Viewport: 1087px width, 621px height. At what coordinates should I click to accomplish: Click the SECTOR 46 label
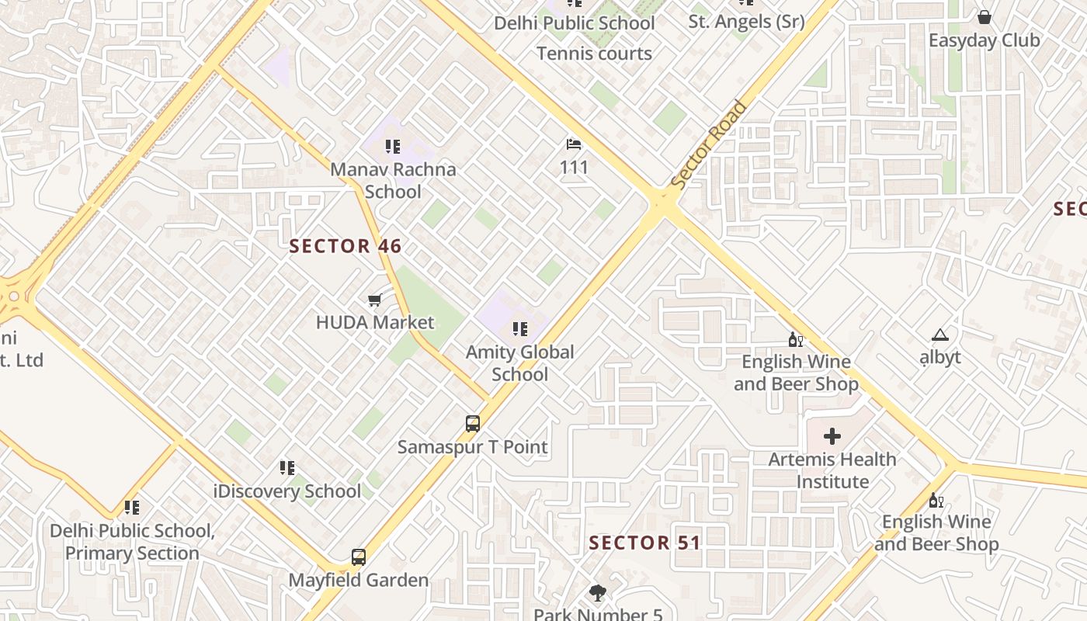346,247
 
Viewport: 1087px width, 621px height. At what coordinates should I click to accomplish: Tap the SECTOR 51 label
644,543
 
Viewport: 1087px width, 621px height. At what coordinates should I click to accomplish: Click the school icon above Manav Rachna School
393,146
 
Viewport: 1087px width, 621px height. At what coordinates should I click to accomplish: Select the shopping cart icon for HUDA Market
374,300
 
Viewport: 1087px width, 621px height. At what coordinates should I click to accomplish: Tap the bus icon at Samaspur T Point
473,424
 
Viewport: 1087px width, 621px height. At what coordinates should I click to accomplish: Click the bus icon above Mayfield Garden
358,557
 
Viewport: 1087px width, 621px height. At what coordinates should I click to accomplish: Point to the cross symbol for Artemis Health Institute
832,436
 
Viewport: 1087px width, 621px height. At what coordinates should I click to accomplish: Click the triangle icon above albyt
940,335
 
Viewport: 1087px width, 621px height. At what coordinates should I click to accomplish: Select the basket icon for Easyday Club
984,17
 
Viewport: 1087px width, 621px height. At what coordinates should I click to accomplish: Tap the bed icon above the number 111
574,144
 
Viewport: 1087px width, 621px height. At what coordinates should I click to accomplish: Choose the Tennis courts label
594,54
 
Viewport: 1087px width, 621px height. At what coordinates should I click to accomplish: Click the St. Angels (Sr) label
746,22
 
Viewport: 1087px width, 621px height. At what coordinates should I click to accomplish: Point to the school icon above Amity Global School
520,329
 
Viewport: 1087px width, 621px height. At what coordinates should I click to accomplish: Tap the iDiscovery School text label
287,491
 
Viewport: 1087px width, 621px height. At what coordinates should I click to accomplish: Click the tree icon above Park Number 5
597,594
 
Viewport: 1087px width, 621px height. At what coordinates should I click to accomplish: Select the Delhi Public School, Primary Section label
132,542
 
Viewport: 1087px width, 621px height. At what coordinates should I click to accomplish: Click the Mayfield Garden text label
358,580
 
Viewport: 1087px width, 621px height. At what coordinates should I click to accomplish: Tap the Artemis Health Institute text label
832,470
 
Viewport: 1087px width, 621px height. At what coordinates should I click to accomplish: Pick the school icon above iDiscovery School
287,468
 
